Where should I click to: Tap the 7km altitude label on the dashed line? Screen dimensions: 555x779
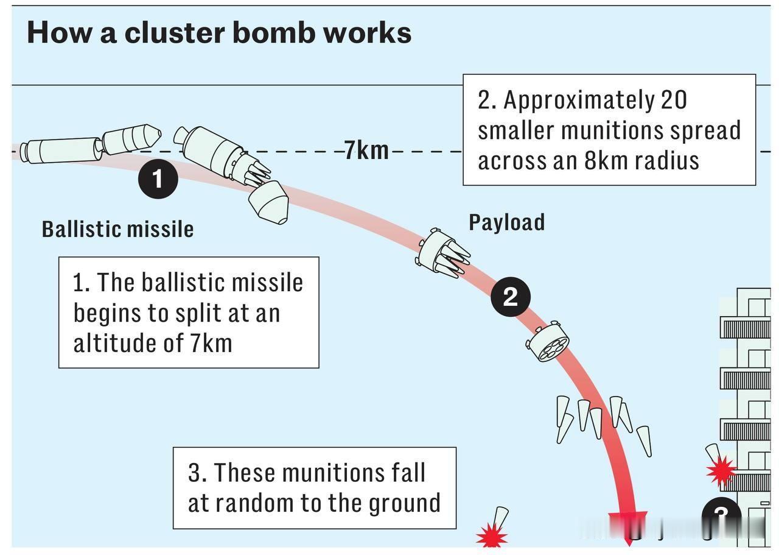(x=366, y=149)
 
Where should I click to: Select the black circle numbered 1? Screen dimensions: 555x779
(x=157, y=180)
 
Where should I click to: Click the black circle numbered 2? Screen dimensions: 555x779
(x=511, y=296)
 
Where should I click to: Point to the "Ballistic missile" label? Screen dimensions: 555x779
(x=117, y=229)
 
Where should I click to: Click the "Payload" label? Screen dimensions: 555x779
(x=506, y=222)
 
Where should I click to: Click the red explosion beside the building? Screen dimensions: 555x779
(x=721, y=471)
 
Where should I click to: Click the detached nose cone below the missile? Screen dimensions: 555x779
(x=268, y=202)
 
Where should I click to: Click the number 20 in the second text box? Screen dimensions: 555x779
(x=673, y=100)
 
